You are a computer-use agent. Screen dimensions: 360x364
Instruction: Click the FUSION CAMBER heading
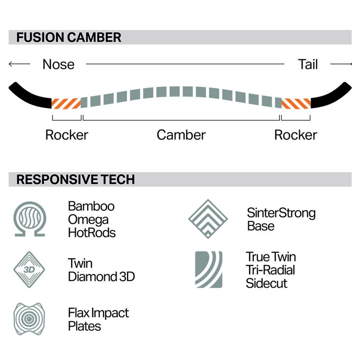click(x=69, y=37)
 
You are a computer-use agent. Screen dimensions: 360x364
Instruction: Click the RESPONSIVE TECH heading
click(x=76, y=179)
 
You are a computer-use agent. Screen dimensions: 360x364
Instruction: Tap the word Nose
click(x=58, y=64)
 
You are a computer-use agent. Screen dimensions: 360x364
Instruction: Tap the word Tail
click(x=308, y=64)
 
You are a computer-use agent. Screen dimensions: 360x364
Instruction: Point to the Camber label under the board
click(x=181, y=135)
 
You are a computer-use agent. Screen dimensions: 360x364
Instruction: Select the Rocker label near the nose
click(x=67, y=135)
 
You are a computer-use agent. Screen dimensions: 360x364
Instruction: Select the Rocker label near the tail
click(x=296, y=135)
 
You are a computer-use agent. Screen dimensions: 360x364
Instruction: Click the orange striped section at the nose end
click(x=66, y=103)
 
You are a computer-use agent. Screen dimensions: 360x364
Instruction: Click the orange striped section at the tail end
click(x=296, y=103)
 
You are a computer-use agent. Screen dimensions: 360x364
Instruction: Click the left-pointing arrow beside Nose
click(x=19, y=64)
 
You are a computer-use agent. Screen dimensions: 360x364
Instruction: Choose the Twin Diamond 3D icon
click(x=29, y=270)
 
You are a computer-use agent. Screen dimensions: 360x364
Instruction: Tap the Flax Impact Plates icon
click(x=29, y=319)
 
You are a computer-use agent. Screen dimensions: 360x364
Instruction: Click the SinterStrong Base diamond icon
click(x=208, y=219)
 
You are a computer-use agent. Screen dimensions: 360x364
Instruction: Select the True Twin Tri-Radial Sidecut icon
click(x=209, y=270)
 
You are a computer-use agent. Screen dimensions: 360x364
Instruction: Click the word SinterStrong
click(x=281, y=213)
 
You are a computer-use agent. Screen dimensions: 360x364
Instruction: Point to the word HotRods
click(x=92, y=233)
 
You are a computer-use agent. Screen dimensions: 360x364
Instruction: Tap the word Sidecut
click(x=266, y=283)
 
